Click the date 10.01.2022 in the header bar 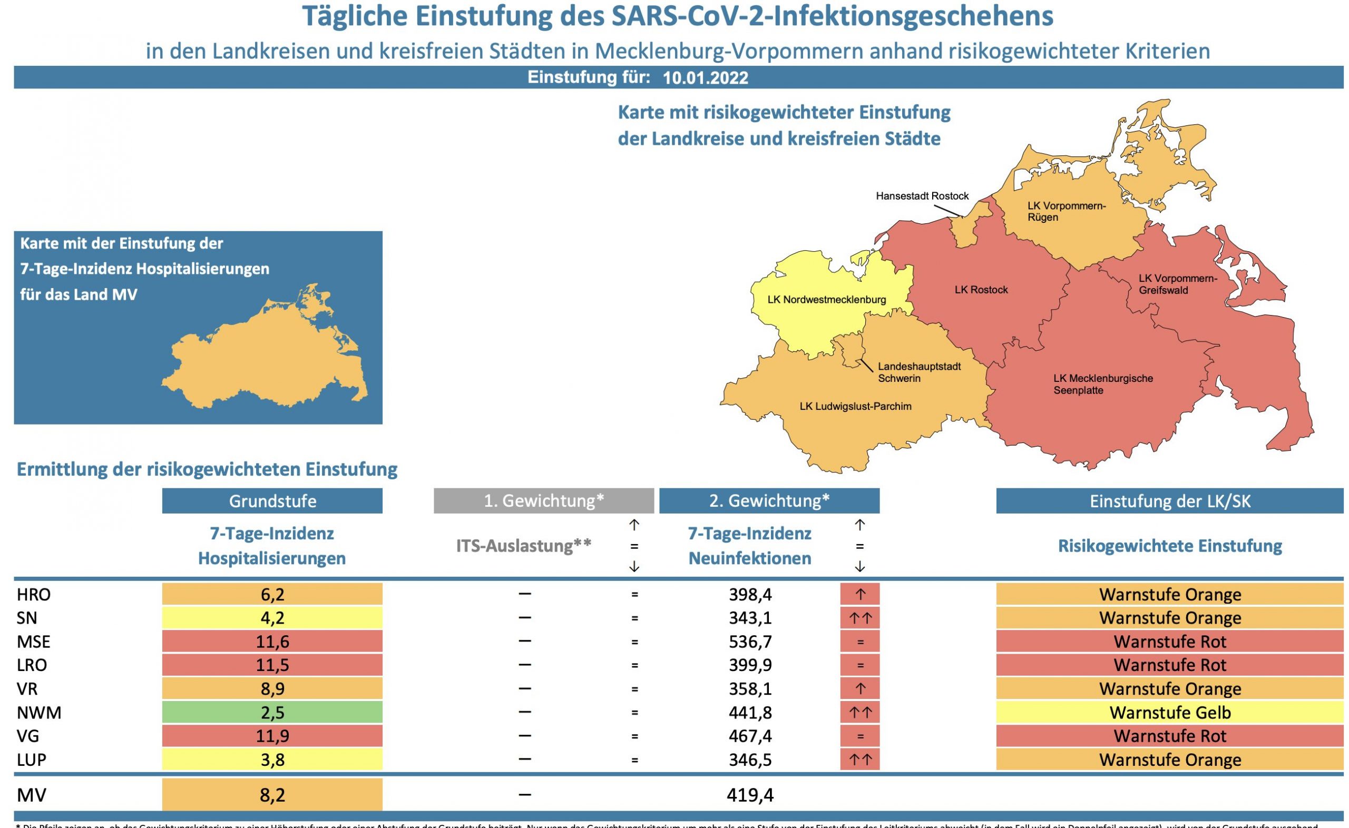pos(705,78)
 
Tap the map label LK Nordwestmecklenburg pos(826,300)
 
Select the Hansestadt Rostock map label pos(922,196)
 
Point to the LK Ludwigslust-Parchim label pos(855,406)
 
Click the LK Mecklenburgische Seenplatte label pos(1102,384)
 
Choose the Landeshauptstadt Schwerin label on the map pos(918,372)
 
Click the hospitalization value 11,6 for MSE pos(272,641)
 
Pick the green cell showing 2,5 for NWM pos(272,713)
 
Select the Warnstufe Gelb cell pos(1169,713)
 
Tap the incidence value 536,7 pos(750,641)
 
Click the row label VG pos(28,736)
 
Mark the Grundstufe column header pos(272,501)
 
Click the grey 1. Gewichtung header pos(543,501)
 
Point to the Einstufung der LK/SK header pos(1169,501)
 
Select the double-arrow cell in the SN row pos(860,618)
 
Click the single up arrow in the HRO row pos(860,594)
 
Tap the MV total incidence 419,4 pos(750,795)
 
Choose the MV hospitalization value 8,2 pos(272,795)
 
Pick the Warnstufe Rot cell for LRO pos(1169,665)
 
